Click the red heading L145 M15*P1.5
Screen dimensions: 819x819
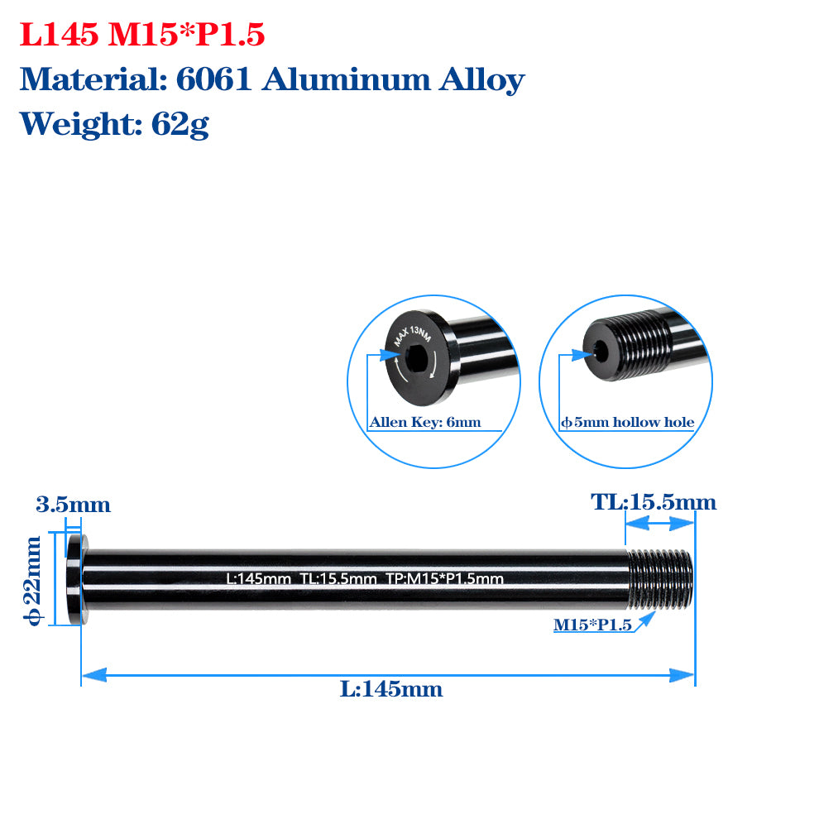pos(141,36)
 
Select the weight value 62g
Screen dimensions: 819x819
pos(179,124)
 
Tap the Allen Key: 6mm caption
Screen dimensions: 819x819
pos(424,423)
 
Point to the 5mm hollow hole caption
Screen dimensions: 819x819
pos(628,423)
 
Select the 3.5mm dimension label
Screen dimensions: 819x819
pos(73,505)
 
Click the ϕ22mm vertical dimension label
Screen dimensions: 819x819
pos(33,580)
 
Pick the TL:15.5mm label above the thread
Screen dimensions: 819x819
pos(653,502)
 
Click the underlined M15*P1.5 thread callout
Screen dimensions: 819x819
pos(592,625)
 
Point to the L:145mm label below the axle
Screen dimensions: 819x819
pos(391,689)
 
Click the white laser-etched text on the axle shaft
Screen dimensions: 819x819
pos(365,579)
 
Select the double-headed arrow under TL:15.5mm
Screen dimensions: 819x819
pos(659,523)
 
